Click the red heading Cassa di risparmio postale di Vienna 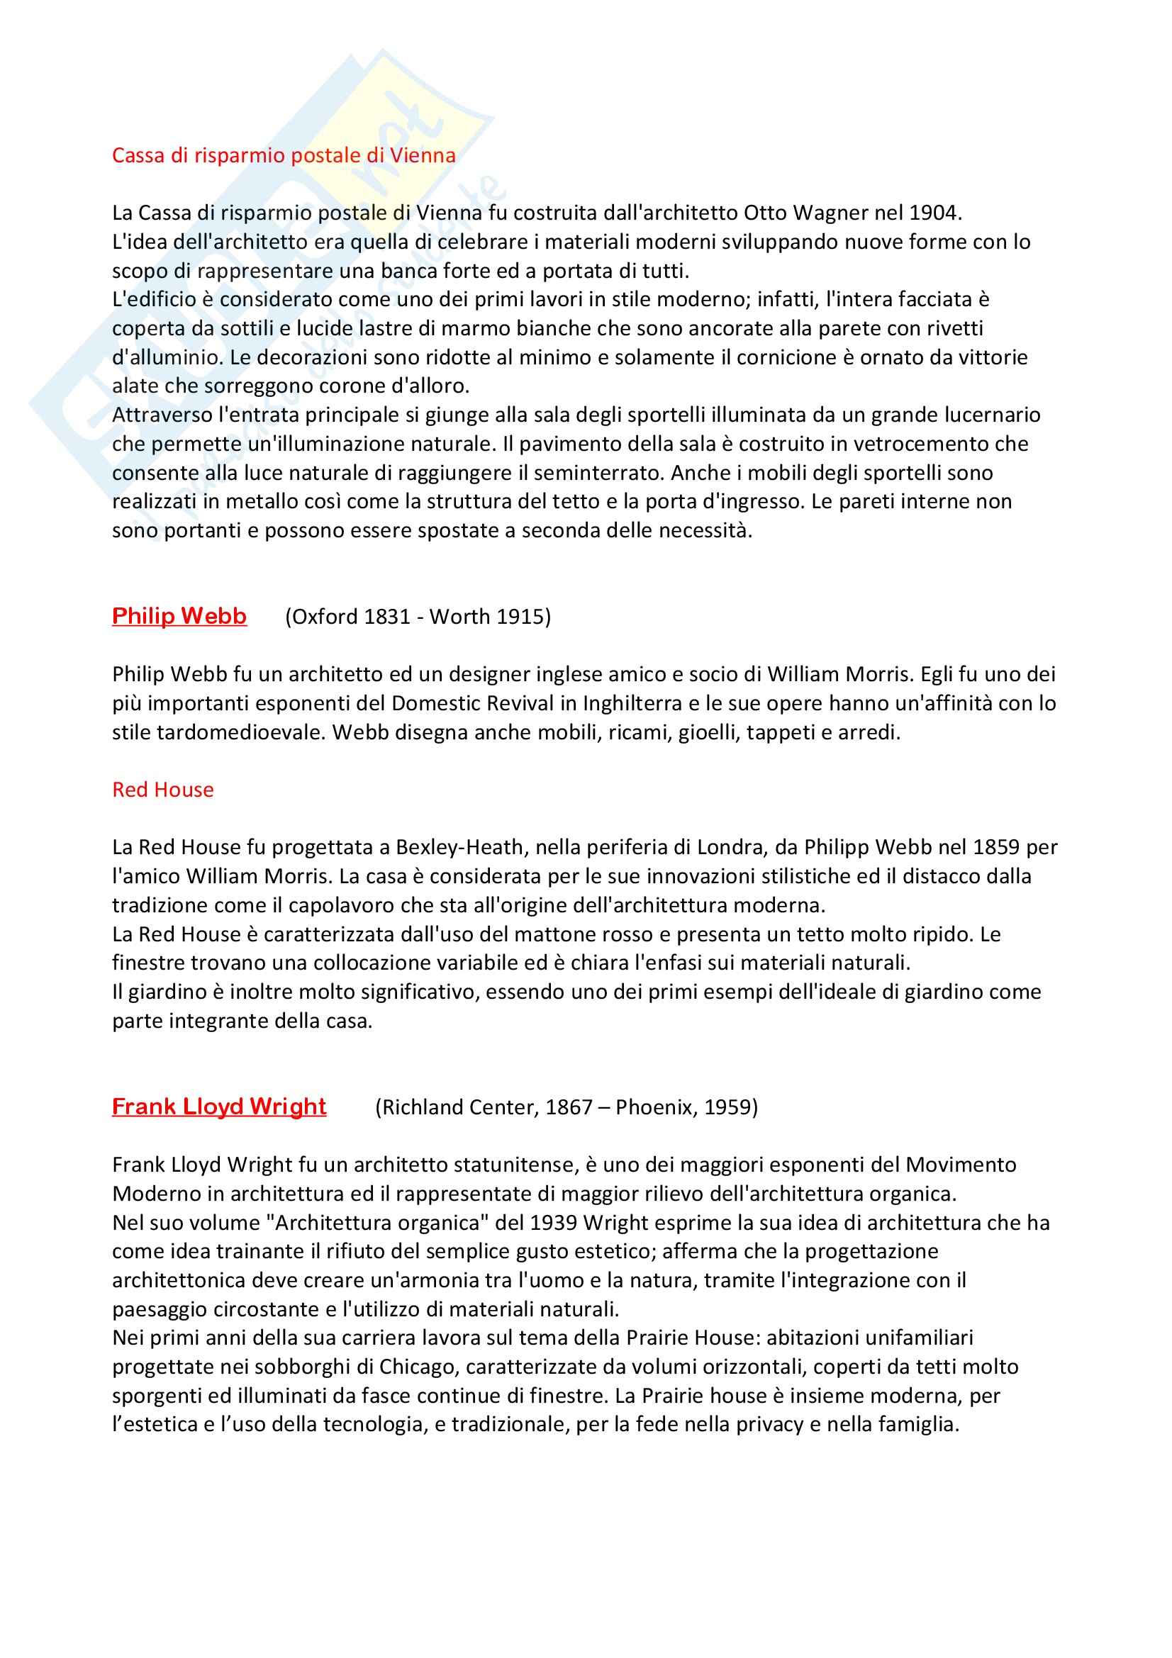click(284, 155)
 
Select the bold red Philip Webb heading click(179, 616)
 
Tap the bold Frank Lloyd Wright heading click(219, 1107)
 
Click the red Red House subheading click(162, 789)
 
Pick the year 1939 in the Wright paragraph click(553, 1223)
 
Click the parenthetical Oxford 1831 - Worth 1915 click(418, 617)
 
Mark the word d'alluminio click(164, 357)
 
